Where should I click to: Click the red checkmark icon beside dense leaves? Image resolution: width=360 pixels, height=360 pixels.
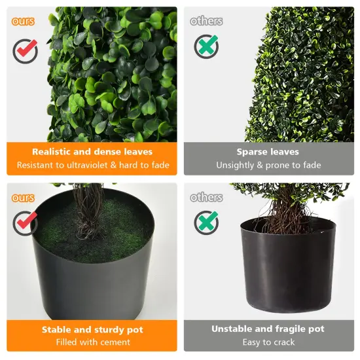pos(25,50)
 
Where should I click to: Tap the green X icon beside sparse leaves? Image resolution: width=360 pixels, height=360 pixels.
pos(206,46)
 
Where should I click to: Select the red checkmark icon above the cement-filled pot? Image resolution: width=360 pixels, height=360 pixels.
pos(25,223)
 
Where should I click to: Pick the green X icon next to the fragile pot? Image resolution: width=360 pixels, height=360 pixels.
pos(206,223)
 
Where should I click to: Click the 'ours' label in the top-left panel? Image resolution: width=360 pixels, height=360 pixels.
pos(23,21)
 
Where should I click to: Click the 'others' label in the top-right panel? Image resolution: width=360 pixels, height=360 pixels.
pos(206,21)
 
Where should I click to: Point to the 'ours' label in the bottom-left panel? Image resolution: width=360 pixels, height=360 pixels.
pos(23,198)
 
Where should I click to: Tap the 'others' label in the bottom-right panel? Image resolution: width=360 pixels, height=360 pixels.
pos(206,198)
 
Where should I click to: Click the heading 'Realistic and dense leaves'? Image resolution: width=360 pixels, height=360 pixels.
pos(92,152)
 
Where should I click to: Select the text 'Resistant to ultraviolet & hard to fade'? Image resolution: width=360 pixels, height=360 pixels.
pos(92,165)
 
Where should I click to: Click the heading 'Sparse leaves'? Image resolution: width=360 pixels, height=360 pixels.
pos(268,152)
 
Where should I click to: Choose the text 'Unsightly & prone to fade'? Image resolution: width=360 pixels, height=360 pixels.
pos(268,165)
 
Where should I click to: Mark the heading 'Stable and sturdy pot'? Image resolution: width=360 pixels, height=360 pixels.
pos(92,329)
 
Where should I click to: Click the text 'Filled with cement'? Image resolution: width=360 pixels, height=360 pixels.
pos(92,342)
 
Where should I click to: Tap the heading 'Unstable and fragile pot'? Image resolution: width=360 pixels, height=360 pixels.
pos(268,329)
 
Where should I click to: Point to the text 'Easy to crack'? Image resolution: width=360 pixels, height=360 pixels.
pos(268,342)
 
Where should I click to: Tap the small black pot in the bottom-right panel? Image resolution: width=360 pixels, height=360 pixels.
pos(288,268)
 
